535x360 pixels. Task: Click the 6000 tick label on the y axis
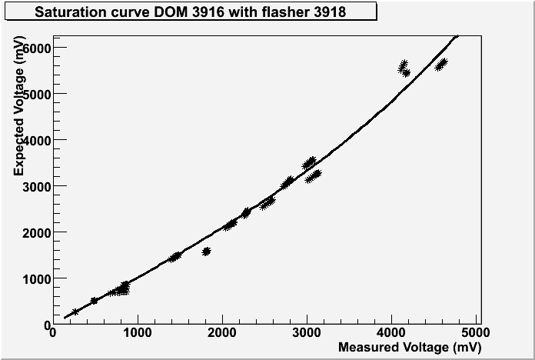click(35, 48)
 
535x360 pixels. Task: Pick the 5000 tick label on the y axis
click(35, 94)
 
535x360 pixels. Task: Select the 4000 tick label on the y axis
click(35, 140)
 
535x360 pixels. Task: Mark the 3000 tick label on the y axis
click(35, 186)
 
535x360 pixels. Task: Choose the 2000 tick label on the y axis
click(35, 232)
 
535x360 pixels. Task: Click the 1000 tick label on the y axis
click(35, 278)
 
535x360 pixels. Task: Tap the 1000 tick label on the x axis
click(137, 332)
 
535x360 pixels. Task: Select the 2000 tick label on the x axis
click(222, 332)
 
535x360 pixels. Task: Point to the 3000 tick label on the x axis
click(307, 332)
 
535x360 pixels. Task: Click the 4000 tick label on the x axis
click(392, 332)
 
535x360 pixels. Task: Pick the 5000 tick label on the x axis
click(477, 332)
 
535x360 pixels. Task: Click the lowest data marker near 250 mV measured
click(75, 312)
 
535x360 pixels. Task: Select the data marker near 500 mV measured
click(94, 301)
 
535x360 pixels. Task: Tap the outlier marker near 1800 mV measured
click(206, 252)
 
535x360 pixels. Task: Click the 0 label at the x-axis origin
click(52, 332)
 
